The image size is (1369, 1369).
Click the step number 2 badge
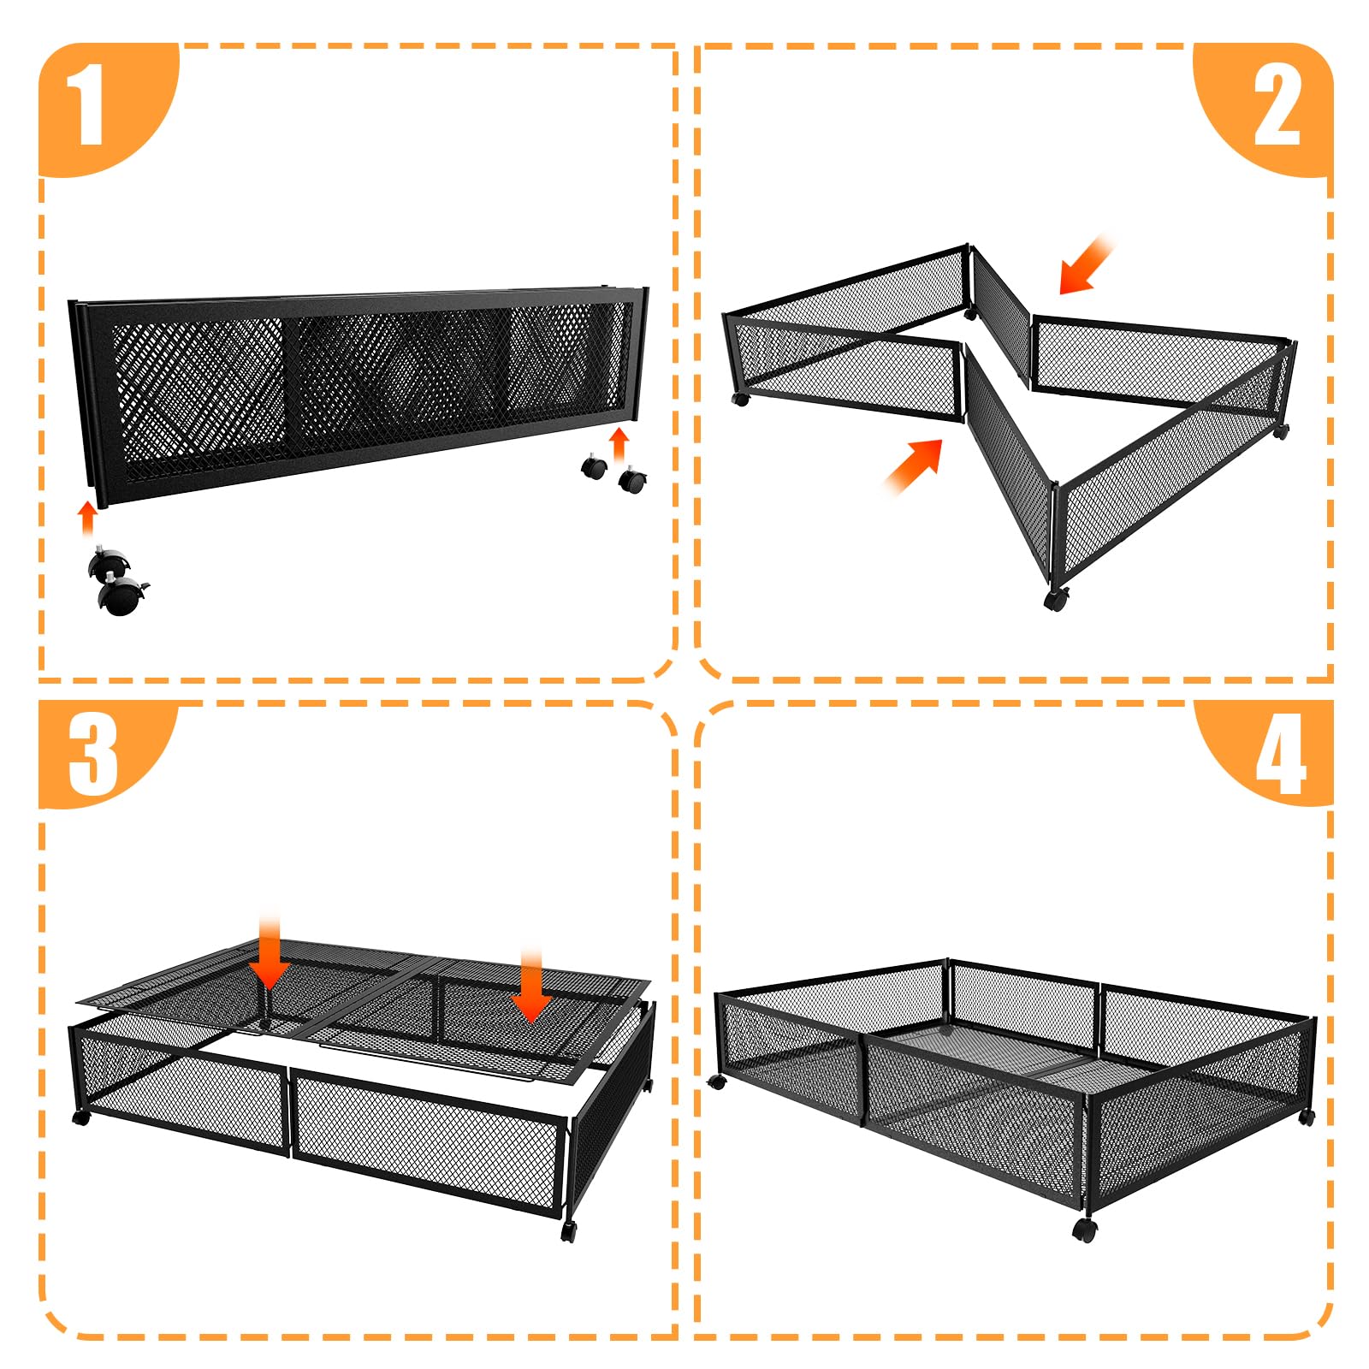click(x=1276, y=107)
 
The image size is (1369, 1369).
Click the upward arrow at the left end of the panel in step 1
click(x=87, y=517)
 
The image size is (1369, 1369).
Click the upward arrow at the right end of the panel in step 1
click(x=619, y=444)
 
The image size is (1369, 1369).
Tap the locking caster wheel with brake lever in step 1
click(x=121, y=596)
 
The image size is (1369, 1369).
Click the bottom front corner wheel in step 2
click(x=1057, y=598)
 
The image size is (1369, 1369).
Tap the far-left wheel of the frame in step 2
click(x=741, y=399)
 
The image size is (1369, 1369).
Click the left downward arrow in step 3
click(x=270, y=953)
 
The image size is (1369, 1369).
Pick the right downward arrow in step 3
click(x=531, y=985)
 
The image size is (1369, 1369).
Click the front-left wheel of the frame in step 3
click(x=81, y=1117)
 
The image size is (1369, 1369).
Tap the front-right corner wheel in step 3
click(x=569, y=1231)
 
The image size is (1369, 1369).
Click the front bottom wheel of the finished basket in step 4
click(x=1084, y=1230)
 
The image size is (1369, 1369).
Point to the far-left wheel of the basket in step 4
click(x=717, y=1082)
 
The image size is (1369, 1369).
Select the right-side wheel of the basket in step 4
click(x=1307, y=1117)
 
